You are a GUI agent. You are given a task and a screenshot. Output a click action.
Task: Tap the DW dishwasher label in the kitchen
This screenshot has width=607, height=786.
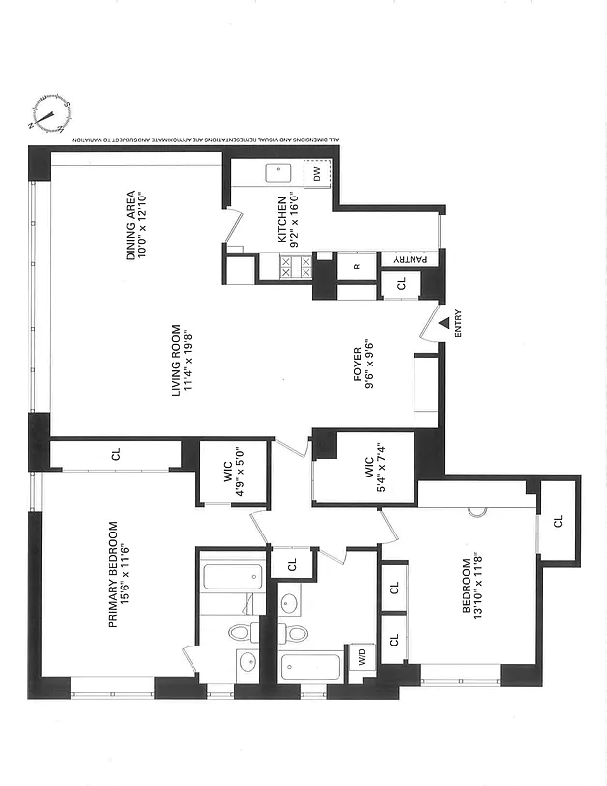point(318,174)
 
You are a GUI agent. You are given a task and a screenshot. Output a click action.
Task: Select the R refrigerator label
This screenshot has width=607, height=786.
point(357,265)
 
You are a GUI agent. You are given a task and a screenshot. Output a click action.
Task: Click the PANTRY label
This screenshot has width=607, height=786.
point(412,258)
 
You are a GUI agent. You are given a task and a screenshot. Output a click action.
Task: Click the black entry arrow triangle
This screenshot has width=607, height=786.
point(445,322)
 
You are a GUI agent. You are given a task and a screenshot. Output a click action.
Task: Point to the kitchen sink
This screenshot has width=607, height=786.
point(279,174)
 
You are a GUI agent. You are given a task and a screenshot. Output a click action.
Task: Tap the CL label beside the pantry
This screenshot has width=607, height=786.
point(401,285)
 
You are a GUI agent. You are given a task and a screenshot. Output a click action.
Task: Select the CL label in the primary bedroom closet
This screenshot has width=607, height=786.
point(116,455)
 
